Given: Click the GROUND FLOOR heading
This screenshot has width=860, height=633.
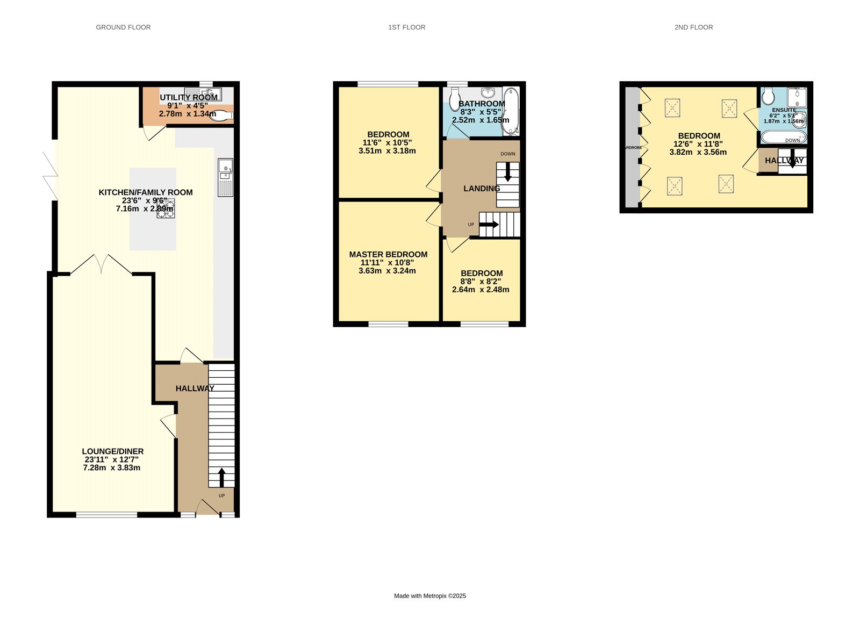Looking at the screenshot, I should coord(123,27).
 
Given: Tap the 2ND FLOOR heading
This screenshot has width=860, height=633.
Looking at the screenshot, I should coord(693,27).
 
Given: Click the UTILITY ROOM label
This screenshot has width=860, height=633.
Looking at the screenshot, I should coord(189,97).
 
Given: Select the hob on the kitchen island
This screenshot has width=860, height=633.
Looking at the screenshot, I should coord(166,208).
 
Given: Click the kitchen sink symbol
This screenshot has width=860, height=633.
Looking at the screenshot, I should coord(225,169).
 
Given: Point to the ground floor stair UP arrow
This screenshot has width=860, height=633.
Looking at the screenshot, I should coord(221,477).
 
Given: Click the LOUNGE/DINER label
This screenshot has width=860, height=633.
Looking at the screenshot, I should coord(112,451).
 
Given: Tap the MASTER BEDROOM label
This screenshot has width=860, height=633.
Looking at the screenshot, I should coord(388,255).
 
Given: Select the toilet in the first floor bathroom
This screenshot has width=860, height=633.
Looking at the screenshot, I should coord(455,99).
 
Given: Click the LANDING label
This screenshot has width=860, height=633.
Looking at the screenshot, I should coord(482,189).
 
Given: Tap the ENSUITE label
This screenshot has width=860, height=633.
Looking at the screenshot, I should coord(784,110).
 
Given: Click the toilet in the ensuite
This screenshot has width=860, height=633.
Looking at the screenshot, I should coord(768,97).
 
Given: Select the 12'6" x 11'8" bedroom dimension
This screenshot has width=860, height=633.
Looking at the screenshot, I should coord(698,144).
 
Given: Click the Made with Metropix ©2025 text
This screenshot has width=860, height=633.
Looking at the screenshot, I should coord(430,596).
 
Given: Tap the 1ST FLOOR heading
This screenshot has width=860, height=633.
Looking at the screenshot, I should coord(406,27).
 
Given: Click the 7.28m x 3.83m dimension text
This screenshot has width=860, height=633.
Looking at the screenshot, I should coord(112,468).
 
